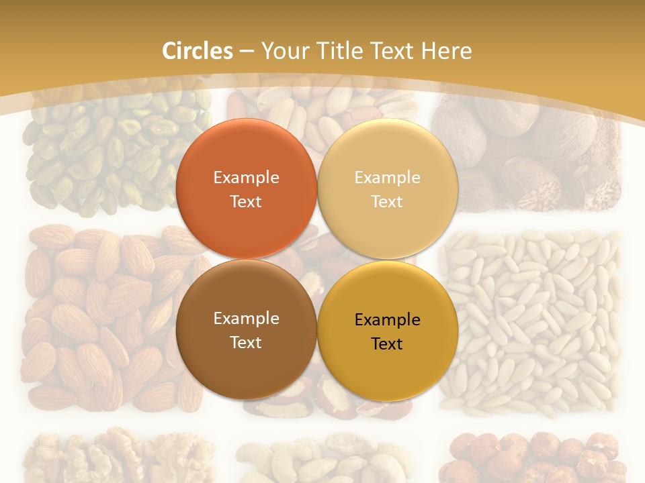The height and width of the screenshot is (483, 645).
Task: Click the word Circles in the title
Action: pyautogui.click(x=198, y=51)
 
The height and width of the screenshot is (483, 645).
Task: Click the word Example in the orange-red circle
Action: pyautogui.click(x=246, y=178)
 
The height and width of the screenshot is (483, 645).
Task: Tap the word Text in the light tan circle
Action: pyautogui.click(x=387, y=202)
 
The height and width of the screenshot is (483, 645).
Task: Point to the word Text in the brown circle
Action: pyautogui.click(x=246, y=343)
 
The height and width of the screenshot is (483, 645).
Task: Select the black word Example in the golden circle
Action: pyautogui.click(x=387, y=320)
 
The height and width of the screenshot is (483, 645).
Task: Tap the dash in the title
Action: pyautogui.click(x=247, y=52)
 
